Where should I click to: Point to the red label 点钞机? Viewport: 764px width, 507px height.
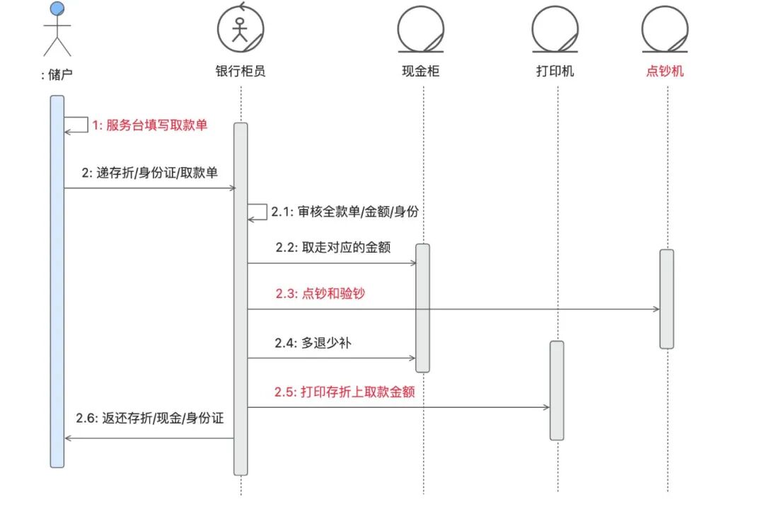click(665, 71)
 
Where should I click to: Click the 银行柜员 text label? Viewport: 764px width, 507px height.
click(241, 71)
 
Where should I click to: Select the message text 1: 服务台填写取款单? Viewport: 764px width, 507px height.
click(150, 125)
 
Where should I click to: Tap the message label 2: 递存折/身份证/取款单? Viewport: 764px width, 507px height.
click(150, 173)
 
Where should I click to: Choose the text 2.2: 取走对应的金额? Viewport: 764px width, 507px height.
click(333, 248)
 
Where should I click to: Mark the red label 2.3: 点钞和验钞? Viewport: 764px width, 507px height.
click(320, 293)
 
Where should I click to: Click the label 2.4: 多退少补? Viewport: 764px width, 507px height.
click(313, 343)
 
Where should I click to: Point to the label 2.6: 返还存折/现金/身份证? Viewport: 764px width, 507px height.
click(150, 418)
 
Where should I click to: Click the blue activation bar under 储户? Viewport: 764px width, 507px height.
click(57, 283)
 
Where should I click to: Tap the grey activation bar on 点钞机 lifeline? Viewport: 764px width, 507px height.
click(666, 298)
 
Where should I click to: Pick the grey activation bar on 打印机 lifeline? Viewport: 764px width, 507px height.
click(557, 390)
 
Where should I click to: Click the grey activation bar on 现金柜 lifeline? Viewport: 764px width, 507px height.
click(422, 307)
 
